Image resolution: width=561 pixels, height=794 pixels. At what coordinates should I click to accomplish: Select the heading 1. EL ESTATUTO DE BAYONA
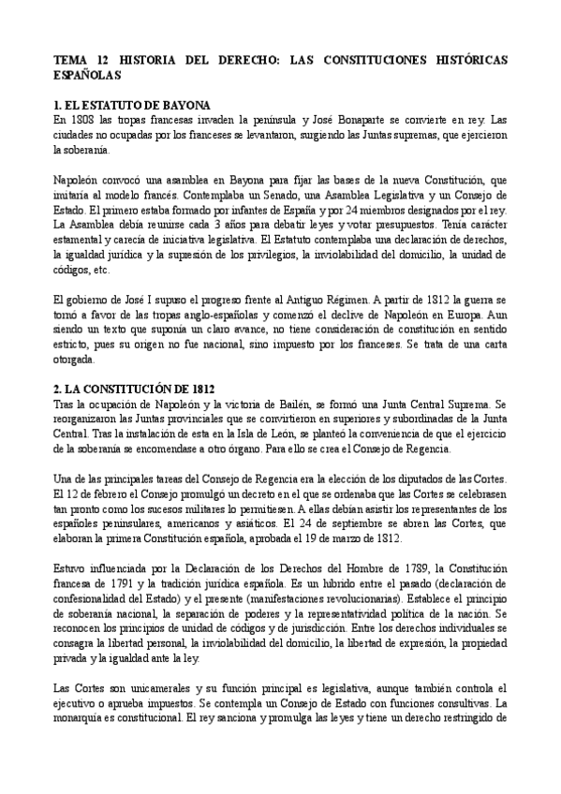(x=132, y=105)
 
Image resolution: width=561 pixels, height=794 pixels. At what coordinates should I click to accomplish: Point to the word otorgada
(x=76, y=359)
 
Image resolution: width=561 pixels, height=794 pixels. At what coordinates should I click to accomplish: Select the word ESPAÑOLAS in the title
(x=88, y=74)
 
